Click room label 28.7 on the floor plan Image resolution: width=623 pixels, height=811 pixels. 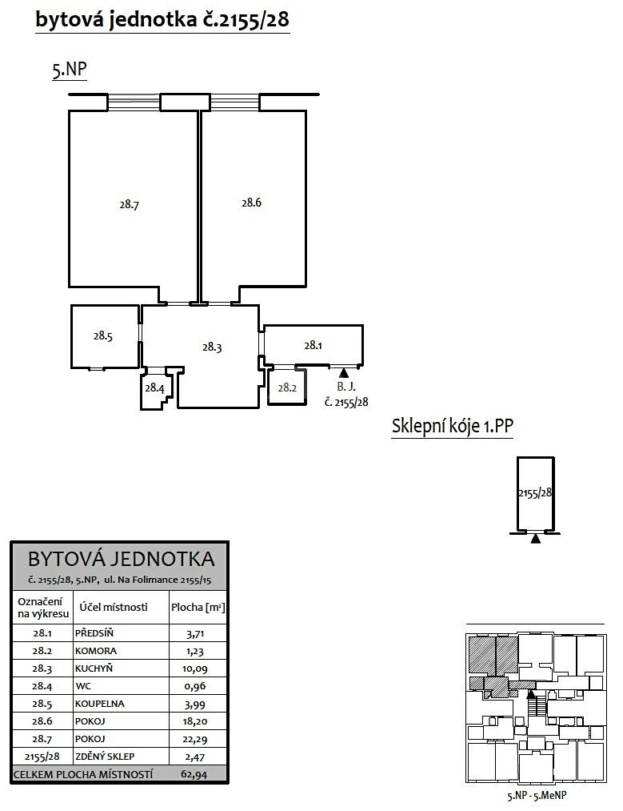(x=129, y=205)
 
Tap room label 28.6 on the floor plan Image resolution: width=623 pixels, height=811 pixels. (x=252, y=203)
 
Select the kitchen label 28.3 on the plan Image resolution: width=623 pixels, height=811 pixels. (x=212, y=347)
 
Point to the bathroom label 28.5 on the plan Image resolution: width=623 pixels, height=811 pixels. (x=103, y=336)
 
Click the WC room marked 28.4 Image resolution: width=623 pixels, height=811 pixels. (x=154, y=388)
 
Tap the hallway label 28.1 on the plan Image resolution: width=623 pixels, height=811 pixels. (x=313, y=345)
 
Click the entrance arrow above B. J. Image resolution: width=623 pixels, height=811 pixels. (x=344, y=372)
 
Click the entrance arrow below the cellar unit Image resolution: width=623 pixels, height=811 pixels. (x=536, y=539)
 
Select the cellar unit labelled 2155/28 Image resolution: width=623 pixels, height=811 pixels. (x=536, y=495)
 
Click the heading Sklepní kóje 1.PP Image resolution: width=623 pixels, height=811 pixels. (x=452, y=426)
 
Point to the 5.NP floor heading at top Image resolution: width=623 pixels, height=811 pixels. (x=70, y=70)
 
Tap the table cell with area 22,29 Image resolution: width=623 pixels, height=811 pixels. (x=195, y=740)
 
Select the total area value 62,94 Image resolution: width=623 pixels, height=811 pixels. (x=194, y=775)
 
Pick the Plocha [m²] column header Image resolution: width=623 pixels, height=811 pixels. (x=198, y=607)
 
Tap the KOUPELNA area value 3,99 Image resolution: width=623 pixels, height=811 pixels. (x=195, y=705)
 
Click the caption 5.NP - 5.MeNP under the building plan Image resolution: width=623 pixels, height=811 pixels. (x=537, y=796)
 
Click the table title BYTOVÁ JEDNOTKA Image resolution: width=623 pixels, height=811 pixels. (x=121, y=559)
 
